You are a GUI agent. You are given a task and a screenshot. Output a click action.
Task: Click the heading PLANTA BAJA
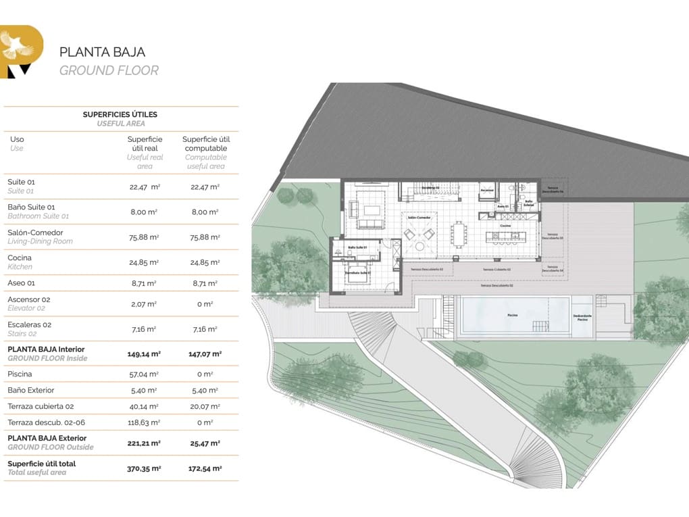102,52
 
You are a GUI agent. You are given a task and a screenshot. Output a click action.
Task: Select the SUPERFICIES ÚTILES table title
120,115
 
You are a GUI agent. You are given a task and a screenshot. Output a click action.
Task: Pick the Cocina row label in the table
20,257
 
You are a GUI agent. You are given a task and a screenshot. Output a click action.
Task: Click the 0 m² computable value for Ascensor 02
205,304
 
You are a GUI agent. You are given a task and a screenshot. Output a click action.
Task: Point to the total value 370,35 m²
144,468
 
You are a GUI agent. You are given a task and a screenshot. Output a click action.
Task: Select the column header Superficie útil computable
206,143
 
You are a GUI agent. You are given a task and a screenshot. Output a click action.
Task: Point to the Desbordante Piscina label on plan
582,318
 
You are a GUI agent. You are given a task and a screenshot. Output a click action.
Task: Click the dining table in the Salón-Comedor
460,234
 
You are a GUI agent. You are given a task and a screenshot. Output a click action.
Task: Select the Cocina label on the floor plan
505,225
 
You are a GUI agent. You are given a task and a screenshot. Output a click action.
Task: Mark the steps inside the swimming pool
542,326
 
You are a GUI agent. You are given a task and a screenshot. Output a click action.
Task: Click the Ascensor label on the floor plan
487,190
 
